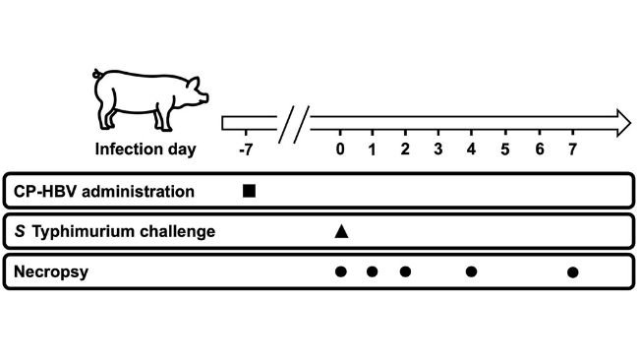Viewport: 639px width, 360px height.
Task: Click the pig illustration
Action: pyautogui.click(x=150, y=99)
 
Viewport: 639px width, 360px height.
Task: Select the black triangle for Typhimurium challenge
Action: pyautogui.click(x=341, y=231)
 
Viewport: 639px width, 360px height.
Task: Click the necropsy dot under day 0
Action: pyautogui.click(x=340, y=271)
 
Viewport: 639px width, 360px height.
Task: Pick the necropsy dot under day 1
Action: pyautogui.click(x=373, y=271)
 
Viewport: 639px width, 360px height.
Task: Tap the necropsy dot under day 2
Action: pyautogui.click(x=405, y=271)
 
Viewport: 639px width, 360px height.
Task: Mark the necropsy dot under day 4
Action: pyautogui.click(x=471, y=271)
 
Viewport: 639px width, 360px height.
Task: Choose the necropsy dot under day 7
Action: pyautogui.click(x=573, y=271)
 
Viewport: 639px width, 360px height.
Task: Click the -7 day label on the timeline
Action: pyautogui.click(x=247, y=150)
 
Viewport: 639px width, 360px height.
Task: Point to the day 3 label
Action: pyautogui.click(x=438, y=150)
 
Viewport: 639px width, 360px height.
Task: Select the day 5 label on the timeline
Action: pyautogui.click(x=504, y=150)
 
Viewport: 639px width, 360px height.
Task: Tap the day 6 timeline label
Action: pyautogui.click(x=539, y=150)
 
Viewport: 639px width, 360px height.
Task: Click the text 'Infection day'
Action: pyautogui.click(x=145, y=150)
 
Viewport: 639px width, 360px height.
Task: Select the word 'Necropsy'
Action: pyautogui.click(x=46, y=271)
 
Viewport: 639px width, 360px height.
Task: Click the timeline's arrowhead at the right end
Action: pyautogui.click(x=621, y=123)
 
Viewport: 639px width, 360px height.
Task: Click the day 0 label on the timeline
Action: pyautogui.click(x=340, y=150)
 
